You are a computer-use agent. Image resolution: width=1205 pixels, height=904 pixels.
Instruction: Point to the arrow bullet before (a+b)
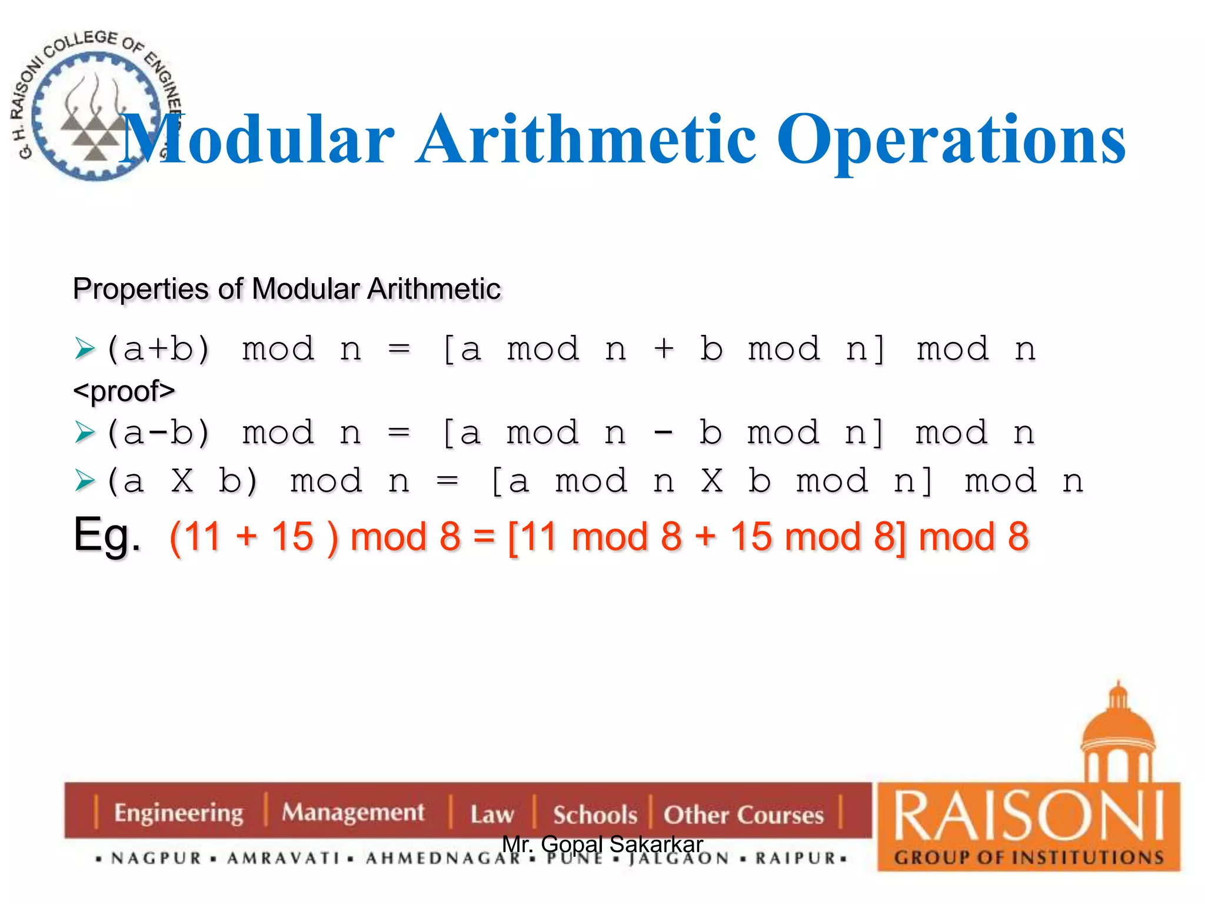coord(85,349)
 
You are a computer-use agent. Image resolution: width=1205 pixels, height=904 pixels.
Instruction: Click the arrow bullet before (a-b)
coord(85,433)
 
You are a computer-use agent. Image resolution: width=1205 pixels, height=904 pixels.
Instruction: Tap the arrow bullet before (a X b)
coord(85,481)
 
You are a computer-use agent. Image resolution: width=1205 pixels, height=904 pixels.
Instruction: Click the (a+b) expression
coord(158,349)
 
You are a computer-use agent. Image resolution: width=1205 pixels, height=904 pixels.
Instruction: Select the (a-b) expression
coord(158,433)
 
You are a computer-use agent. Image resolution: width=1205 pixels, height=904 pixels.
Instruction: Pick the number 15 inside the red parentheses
coord(292,537)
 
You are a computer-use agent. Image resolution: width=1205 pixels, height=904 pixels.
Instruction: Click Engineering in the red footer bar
coord(178,813)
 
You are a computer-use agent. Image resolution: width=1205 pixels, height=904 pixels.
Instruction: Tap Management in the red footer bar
coord(352,812)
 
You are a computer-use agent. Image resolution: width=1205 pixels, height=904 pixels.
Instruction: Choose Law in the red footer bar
coord(492,815)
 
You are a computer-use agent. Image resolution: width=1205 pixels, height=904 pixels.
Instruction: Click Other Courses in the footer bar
coord(744,815)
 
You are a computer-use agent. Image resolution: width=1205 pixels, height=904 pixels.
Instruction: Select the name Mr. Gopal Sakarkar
coord(602,845)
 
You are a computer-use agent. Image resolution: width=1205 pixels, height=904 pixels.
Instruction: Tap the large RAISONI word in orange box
coord(1028,816)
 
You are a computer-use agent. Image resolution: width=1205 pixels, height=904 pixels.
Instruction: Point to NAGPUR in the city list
coord(157,859)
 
